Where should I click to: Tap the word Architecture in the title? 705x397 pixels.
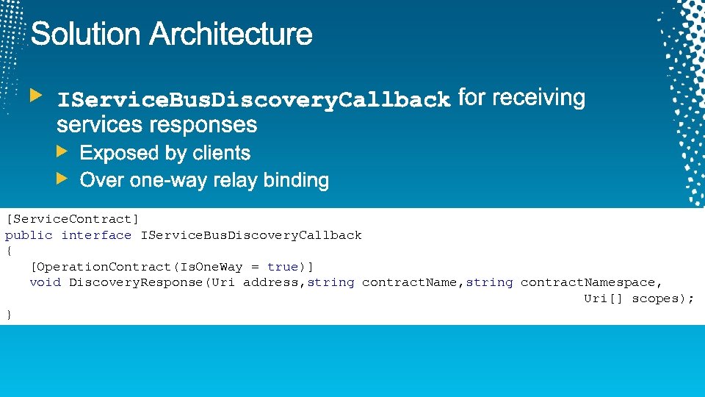pyautogui.click(x=231, y=35)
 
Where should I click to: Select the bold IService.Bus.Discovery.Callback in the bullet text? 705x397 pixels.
pyautogui.click(x=253, y=99)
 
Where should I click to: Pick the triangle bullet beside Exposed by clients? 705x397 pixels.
pyautogui.click(x=63, y=152)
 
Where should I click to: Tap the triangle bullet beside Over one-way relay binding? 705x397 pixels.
pyautogui.click(x=63, y=179)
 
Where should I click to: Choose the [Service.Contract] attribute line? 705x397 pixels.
pyautogui.click(x=72, y=219)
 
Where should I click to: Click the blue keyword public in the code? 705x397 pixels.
pyautogui.click(x=29, y=235)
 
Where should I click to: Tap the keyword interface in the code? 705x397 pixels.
pyautogui.click(x=96, y=235)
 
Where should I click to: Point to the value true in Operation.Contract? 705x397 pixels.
pyautogui.click(x=283, y=267)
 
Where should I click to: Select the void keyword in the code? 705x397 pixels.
pyautogui.click(x=45, y=282)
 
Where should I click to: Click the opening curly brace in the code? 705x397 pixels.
pyautogui.click(x=9, y=251)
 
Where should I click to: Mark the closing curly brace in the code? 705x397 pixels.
pyautogui.click(x=9, y=315)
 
